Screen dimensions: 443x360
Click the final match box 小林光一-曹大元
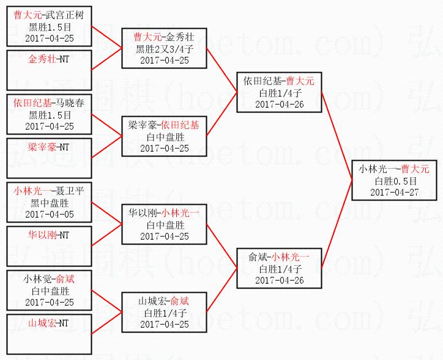[394, 180]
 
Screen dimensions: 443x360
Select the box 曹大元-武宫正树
[49, 26]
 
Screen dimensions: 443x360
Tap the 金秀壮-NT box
[49, 70]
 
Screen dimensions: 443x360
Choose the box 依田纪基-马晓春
[49, 114]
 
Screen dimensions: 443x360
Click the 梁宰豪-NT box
[49, 158]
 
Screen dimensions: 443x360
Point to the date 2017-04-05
[49, 215]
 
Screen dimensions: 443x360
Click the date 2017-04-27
[394, 192]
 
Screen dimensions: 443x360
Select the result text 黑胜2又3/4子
[164, 49]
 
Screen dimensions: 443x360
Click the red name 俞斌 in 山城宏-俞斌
[179, 301]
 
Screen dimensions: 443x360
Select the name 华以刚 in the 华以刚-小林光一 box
[141, 213]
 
